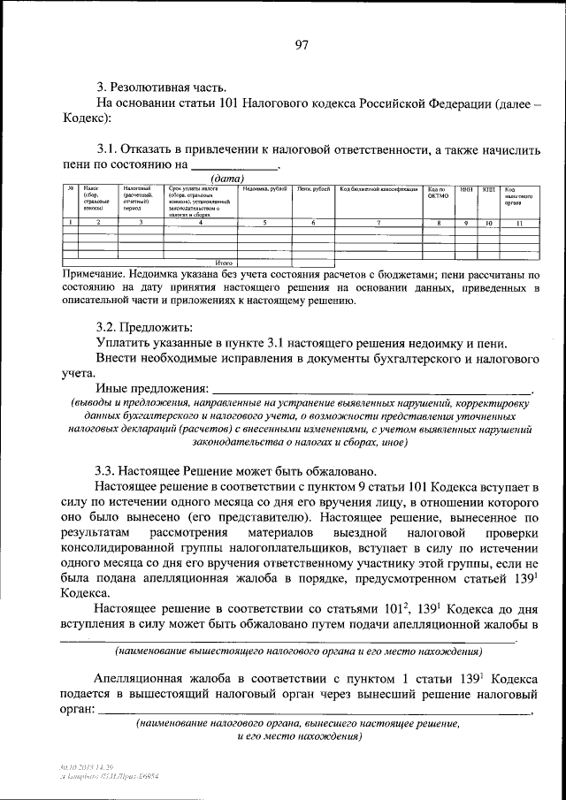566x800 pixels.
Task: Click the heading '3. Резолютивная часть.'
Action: pos(162,87)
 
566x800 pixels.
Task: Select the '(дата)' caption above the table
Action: pos(220,178)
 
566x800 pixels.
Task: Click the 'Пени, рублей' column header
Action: pos(313,189)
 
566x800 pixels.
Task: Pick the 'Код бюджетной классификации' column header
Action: pos(378,189)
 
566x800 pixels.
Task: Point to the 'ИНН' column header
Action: pos(466,189)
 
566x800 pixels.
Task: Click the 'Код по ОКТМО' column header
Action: pos(439,193)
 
